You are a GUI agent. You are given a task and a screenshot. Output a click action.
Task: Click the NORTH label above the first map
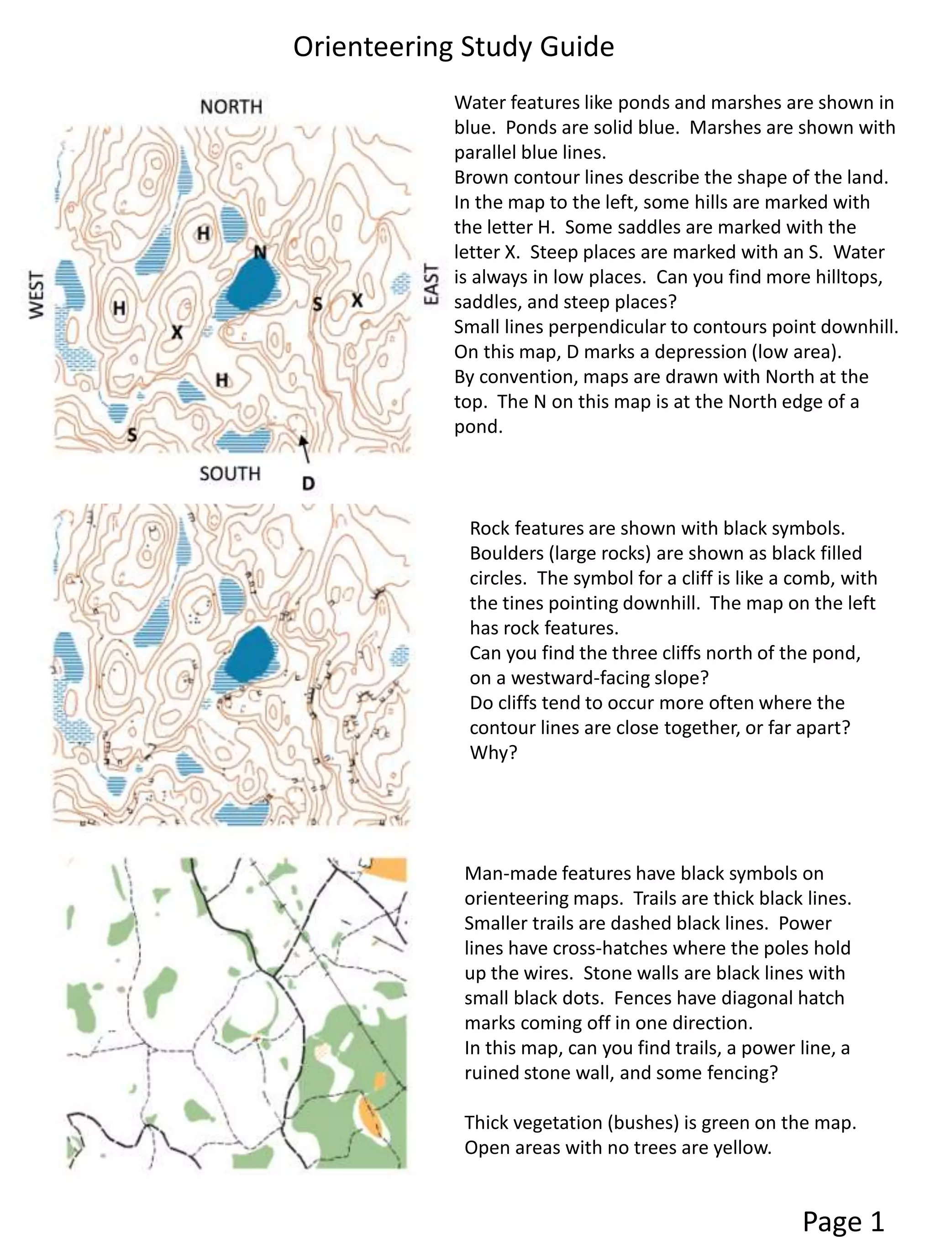pyautogui.click(x=231, y=106)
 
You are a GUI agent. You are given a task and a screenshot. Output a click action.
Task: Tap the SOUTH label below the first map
pyautogui.click(x=230, y=473)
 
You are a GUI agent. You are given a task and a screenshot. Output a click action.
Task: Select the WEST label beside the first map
pyautogui.click(x=37, y=295)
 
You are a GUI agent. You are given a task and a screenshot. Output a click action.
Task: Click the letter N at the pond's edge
pyautogui.click(x=260, y=252)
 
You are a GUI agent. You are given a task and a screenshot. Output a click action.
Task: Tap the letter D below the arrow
pyautogui.click(x=308, y=483)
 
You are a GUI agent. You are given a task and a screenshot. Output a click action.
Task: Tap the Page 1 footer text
pyautogui.click(x=843, y=1221)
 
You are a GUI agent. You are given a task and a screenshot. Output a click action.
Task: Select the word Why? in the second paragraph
pyautogui.click(x=493, y=752)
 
